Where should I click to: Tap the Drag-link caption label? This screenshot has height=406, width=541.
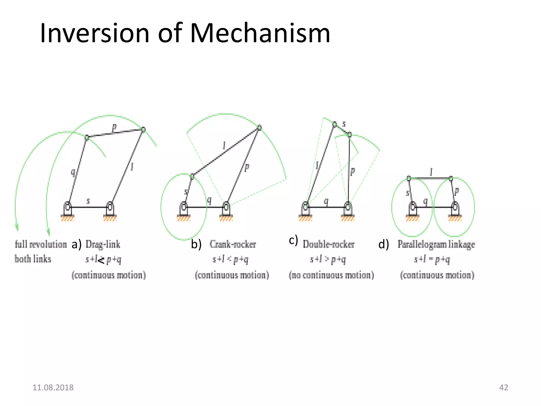(103, 244)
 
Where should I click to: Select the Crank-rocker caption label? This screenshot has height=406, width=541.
(233, 244)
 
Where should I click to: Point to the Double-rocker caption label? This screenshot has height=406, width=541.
(328, 244)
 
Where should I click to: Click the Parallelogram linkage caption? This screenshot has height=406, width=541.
(436, 244)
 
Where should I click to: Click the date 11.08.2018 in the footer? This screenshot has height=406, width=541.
(53, 387)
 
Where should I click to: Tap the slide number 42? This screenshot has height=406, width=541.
(503, 387)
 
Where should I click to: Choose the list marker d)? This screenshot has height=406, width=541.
(384, 244)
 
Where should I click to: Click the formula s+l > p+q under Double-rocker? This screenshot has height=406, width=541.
(328, 260)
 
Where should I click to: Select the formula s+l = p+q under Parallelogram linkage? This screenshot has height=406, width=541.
(432, 260)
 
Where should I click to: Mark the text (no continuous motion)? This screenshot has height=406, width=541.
(331, 275)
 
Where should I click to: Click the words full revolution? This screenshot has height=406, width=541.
(41, 244)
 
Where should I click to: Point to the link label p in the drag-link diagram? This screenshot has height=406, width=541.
(114, 127)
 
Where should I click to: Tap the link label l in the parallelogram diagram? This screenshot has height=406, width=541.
(431, 172)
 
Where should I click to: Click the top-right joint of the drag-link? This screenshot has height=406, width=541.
(143, 130)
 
